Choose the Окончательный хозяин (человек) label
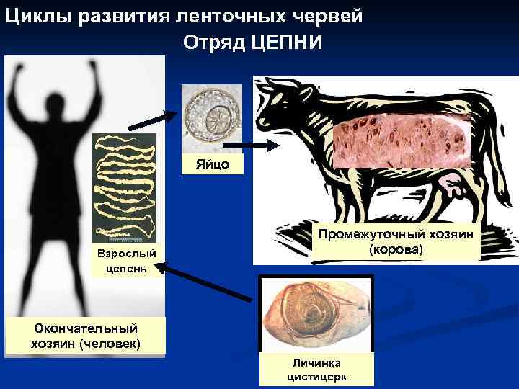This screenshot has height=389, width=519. point(85,336)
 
